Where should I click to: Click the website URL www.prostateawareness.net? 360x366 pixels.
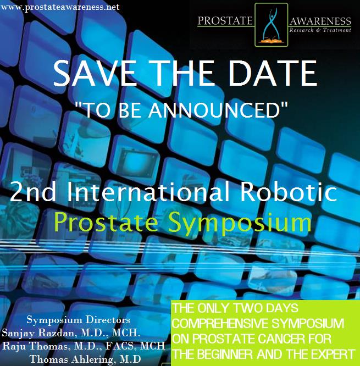tap(60, 7)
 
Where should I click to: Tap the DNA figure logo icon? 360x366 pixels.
tap(272, 25)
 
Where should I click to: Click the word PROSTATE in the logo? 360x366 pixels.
tap(225, 21)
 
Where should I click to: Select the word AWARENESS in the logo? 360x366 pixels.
tap(320, 21)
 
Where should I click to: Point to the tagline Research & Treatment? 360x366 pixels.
tap(320, 30)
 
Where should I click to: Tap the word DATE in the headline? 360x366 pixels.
tap(273, 73)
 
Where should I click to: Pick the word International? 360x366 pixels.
tap(148, 191)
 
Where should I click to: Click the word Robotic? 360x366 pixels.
tap(289, 191)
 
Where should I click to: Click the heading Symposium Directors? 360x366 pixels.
tap(79, 320)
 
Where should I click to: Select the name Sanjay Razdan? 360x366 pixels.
tap(38, 333)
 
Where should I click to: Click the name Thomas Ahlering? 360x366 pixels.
tap(72, 359)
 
